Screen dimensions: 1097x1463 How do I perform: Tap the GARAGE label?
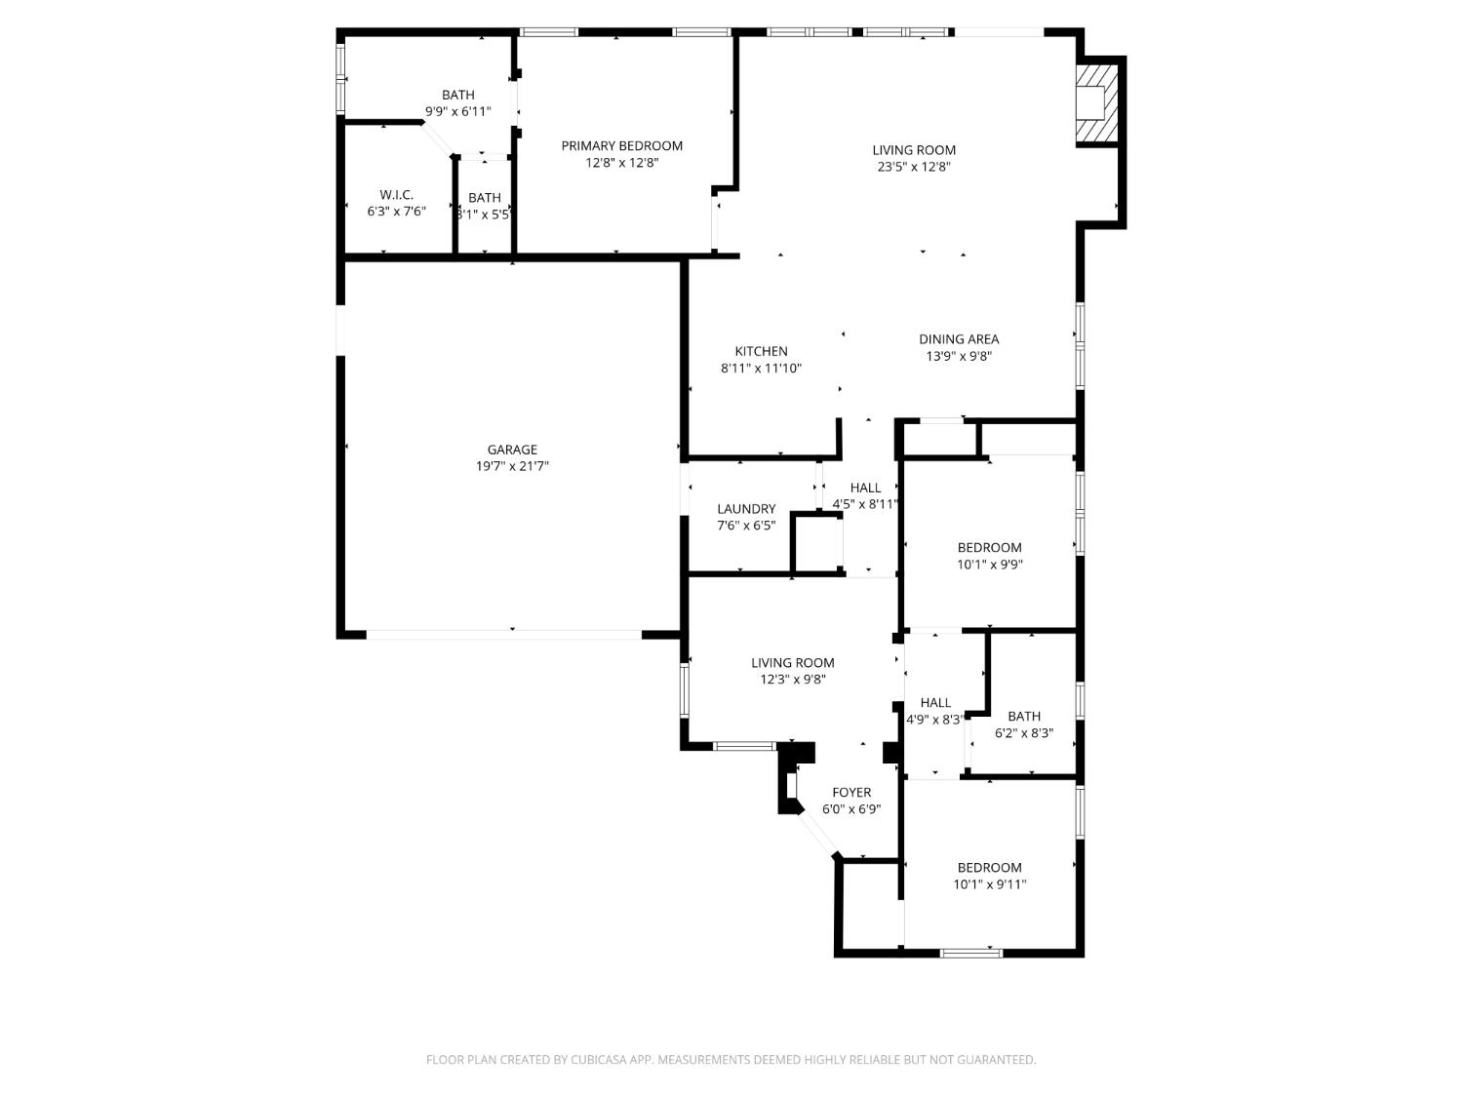click(x=512, y=450)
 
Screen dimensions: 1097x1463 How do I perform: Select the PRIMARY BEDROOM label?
click(x=621, y=146)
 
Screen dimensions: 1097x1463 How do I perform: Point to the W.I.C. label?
click(x=396, y=195)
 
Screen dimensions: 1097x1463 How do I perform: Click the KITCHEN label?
click(x=761, y=351)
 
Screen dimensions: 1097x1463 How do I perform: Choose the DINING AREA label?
click(x=959, y=339)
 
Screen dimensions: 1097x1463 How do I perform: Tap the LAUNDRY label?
click(x=746, y=509)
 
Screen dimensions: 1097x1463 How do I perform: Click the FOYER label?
click(x=851, y=793)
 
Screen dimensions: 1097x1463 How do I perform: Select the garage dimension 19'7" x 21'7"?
click(x=512, y=466)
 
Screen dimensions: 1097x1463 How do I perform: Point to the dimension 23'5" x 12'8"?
click(x=914, y=167)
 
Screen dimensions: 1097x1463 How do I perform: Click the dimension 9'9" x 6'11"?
click(x=457, y=111)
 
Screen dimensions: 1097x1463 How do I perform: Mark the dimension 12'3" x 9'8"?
click(x=793, y=680)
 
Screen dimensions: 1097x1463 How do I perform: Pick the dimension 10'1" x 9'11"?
click(x=990, y=884)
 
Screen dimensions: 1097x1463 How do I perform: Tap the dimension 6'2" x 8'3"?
click(x=1024, y=732)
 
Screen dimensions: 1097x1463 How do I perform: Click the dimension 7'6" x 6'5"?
click(x=746, y=526)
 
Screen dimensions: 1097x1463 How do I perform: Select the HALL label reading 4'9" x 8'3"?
click(x=935, y=702)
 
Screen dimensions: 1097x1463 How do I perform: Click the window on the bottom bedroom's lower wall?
click(x=970, y=953)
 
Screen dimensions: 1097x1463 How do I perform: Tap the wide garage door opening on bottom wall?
click(x=503, y=635)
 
